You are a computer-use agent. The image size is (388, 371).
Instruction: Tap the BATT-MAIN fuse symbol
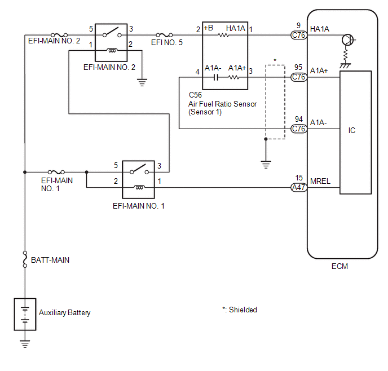point(25,259)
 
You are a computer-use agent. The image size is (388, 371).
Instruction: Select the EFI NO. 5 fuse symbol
point(164,35)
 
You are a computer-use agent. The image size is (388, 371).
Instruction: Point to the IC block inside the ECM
point(356,132)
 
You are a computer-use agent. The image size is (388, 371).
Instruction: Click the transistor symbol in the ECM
point(348,40)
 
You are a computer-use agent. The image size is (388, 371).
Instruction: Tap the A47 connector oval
point(299,188)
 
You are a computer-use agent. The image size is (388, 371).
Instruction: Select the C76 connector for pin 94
point(299,129)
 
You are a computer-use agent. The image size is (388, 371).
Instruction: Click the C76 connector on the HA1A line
point(299,35)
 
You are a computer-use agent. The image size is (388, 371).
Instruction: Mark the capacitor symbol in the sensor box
point(216,77)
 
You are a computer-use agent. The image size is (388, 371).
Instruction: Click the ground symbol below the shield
point(266,165)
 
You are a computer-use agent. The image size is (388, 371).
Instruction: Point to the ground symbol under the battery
point(25,344)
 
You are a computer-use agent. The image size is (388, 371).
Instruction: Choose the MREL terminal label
point(320,182)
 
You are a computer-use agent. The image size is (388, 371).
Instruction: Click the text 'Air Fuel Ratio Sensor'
point(222,104)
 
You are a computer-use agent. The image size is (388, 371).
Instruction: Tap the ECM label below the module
point(339,266)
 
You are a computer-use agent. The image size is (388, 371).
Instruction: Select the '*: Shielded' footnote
point(240,310)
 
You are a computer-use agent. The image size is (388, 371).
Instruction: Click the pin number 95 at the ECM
point(298,67)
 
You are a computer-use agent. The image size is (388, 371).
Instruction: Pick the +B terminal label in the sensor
point(208,28)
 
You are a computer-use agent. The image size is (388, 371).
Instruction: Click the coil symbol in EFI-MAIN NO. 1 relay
point(139,187)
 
